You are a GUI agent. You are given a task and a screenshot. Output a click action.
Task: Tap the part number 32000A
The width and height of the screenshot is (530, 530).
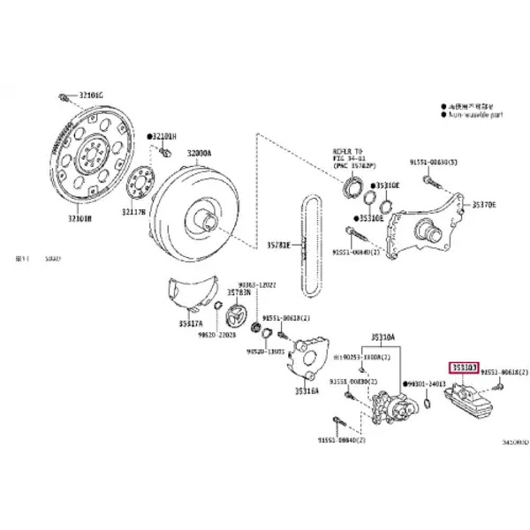(198, 153)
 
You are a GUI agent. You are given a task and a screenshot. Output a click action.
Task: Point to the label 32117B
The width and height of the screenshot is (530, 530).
(135, 212)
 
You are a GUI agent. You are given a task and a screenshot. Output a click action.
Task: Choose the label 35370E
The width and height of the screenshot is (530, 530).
(484, 205)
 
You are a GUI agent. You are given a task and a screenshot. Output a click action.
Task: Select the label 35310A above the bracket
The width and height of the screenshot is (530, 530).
(382, 337)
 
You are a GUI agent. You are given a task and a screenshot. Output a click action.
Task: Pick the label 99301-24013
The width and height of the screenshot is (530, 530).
(428, 384)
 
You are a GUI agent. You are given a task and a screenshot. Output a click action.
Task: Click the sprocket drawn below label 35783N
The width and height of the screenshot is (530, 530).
(238, 316)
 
